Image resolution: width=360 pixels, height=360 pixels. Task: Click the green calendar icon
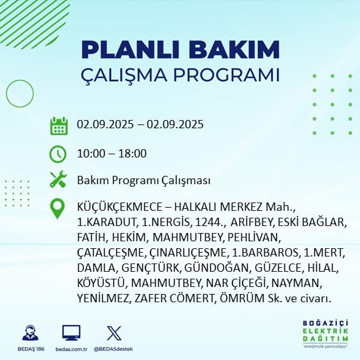point(59,126)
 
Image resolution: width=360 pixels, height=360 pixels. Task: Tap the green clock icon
point(58,154)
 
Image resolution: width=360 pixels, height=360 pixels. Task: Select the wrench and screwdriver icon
point(58,179)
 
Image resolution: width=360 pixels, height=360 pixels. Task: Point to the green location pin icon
point(57,208)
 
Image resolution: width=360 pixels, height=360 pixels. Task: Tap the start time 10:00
point(91,154)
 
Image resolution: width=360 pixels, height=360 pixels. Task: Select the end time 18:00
point(133,154)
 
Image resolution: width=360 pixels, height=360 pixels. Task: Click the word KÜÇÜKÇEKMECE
point(119,207)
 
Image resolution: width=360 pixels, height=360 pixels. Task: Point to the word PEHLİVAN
point(253,237)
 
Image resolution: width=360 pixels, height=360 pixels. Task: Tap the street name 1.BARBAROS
point(265,253)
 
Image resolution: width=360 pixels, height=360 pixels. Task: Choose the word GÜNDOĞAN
point(217,268)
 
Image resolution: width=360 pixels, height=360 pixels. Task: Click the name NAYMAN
point(295,283)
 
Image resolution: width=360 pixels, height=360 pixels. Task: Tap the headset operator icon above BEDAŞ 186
point(30,333)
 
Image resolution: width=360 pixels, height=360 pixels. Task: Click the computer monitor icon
point(71,333)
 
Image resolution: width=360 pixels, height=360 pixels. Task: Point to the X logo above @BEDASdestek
point(114,333)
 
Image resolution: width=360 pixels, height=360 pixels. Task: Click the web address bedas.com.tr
point(71,349)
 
